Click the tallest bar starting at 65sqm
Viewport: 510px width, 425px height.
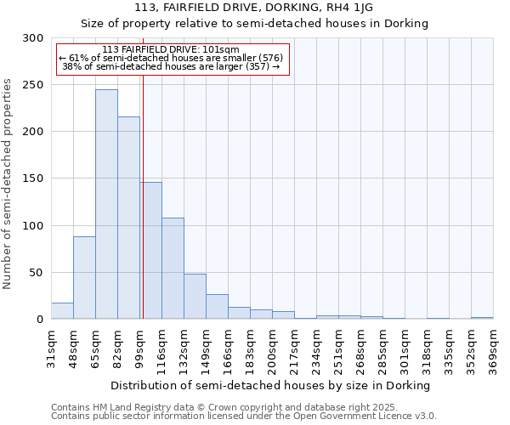point(106,204)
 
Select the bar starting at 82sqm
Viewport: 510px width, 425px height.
point(128,218)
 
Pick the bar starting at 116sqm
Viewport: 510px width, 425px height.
point(173,268)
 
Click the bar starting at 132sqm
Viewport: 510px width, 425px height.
point(195,296)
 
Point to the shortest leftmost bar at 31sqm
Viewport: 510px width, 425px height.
point(62,311)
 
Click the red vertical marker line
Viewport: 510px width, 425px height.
point(143,170)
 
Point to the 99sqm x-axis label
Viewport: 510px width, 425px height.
point(139,348)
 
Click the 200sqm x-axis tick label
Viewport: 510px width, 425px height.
point(272,348)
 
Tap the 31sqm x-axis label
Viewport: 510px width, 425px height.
point(51,348)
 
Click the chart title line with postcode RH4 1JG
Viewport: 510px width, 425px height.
point(254,8)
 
